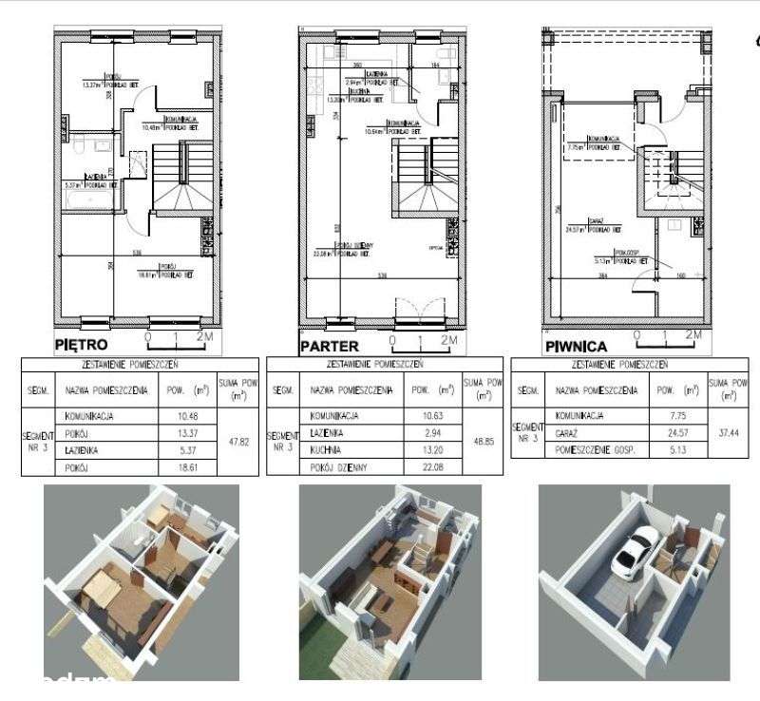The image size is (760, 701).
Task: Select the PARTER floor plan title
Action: (330, 346)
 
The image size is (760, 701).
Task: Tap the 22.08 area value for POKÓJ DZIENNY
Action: (421, 469)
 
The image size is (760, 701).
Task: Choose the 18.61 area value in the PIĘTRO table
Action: (176, 468)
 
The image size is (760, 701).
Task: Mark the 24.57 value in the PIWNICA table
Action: (664, 433)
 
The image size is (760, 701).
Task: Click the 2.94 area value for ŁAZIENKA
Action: (421, 433)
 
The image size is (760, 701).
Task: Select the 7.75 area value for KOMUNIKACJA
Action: (664, 416)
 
